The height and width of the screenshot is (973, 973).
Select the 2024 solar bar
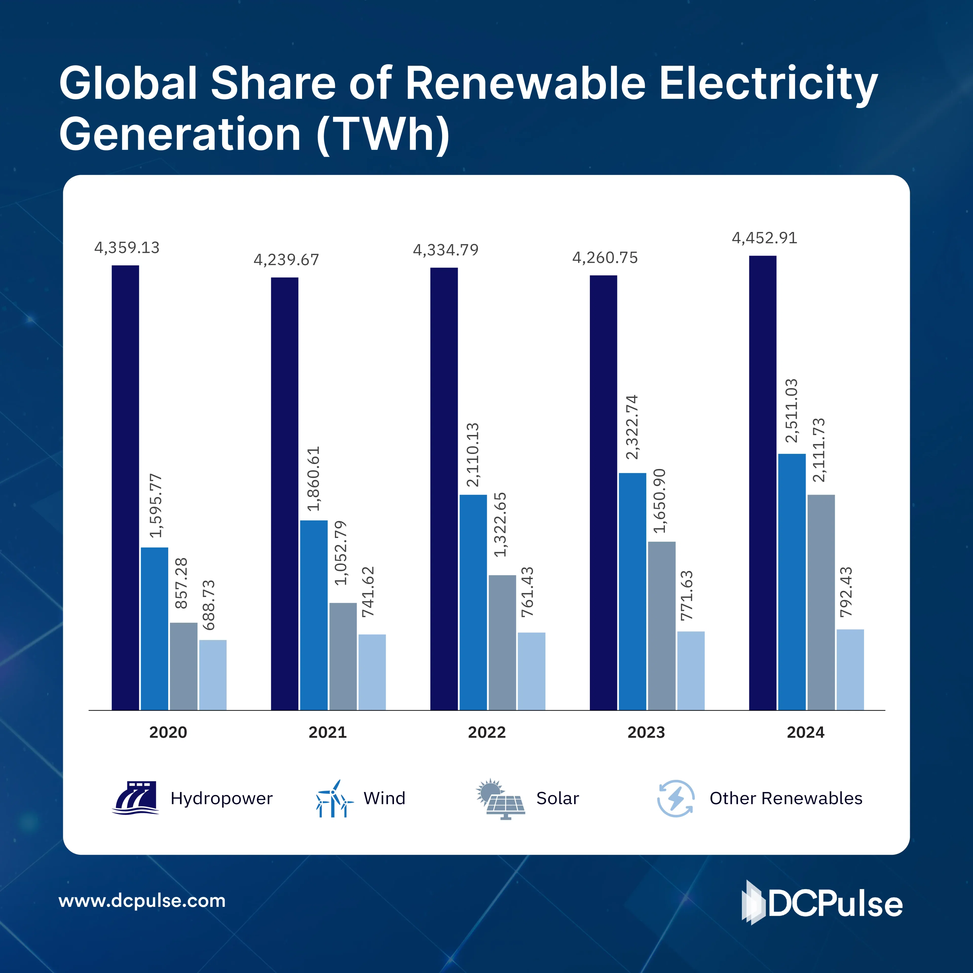821,602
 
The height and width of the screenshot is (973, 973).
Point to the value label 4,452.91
764,238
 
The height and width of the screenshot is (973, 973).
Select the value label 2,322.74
631,427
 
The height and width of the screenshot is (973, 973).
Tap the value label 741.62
368,592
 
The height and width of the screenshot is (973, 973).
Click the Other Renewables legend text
786,798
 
